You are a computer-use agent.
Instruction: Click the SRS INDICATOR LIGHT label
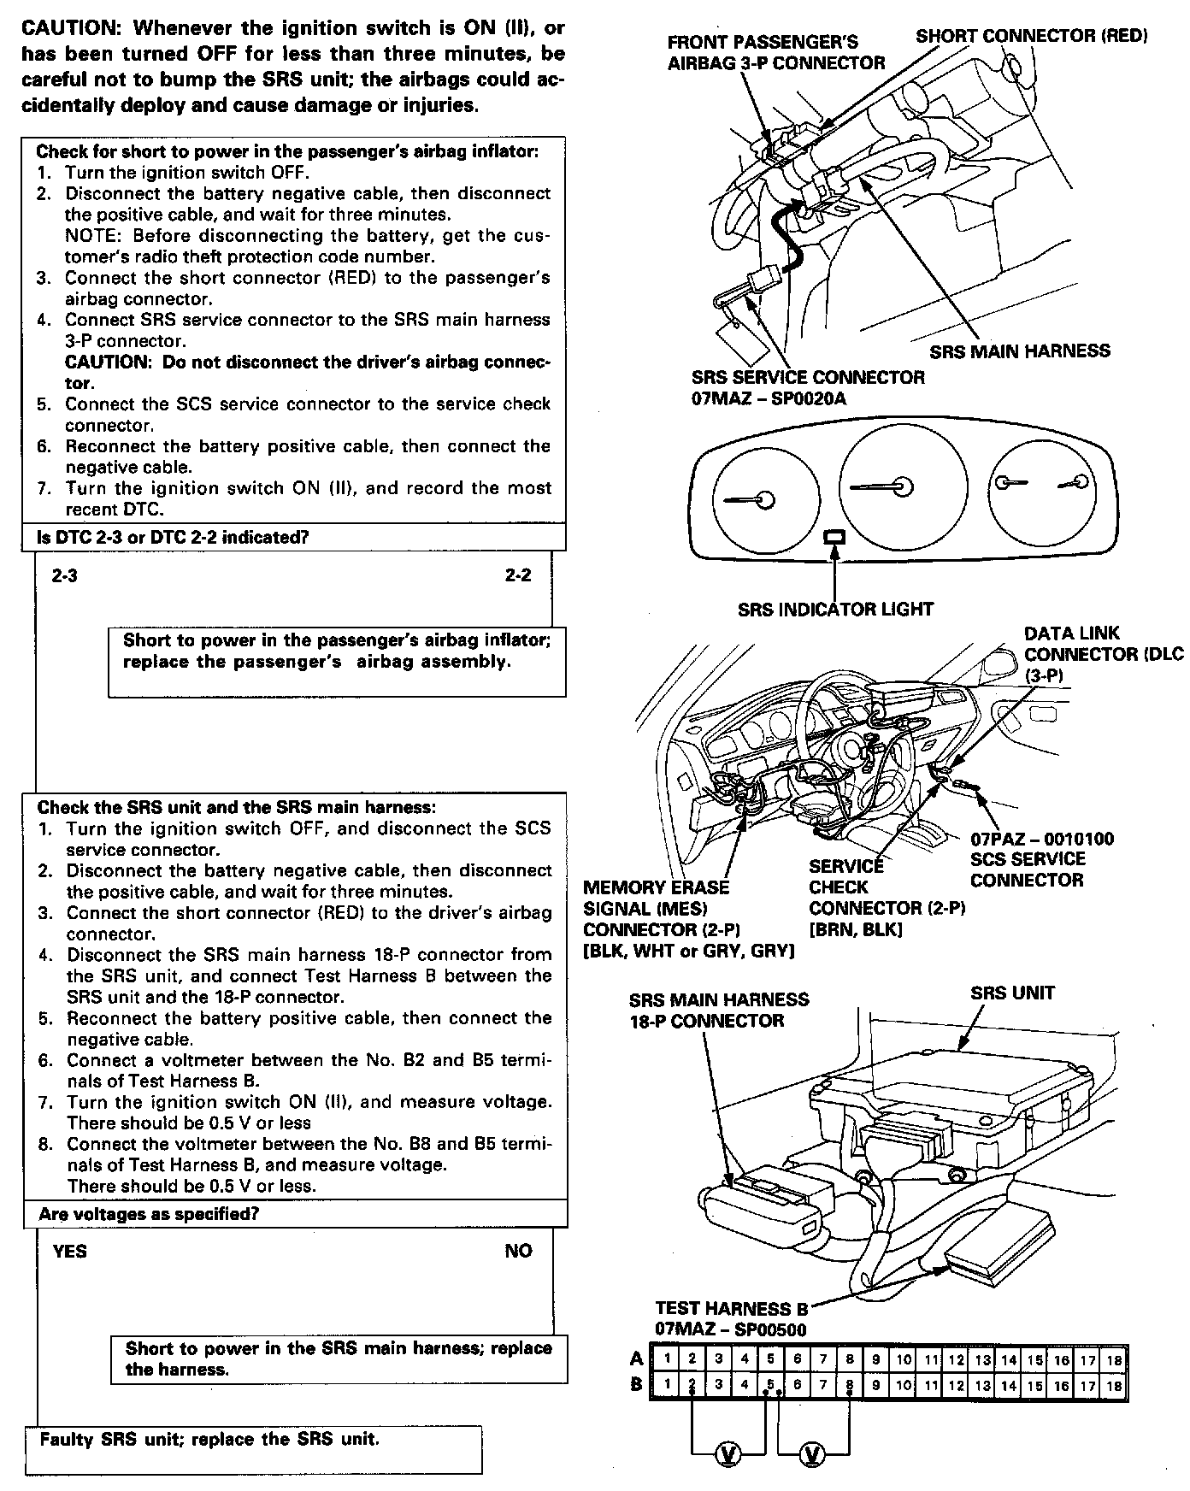[835, 610]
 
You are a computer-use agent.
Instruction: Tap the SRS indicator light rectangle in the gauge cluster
[834, 537]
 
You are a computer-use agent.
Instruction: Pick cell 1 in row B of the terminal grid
[665, 1386]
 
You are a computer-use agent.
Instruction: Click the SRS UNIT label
[1012, 993]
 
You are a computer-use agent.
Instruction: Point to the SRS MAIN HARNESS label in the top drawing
[1020, 351]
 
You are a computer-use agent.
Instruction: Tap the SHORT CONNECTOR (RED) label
[1031, 36]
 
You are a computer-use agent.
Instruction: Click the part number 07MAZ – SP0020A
[769, 398]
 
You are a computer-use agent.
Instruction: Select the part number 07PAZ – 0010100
[1042, 839]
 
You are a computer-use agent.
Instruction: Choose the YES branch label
[69, 1252]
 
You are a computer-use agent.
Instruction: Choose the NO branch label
[518, 1252]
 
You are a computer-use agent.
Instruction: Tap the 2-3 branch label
[64, 575]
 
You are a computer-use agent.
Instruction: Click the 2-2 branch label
[518, 575]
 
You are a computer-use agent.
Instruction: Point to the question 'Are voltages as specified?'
[149, 1214]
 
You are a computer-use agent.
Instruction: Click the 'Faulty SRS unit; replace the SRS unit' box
[253, 1449]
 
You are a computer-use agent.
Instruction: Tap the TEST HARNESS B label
[731, 1309]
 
